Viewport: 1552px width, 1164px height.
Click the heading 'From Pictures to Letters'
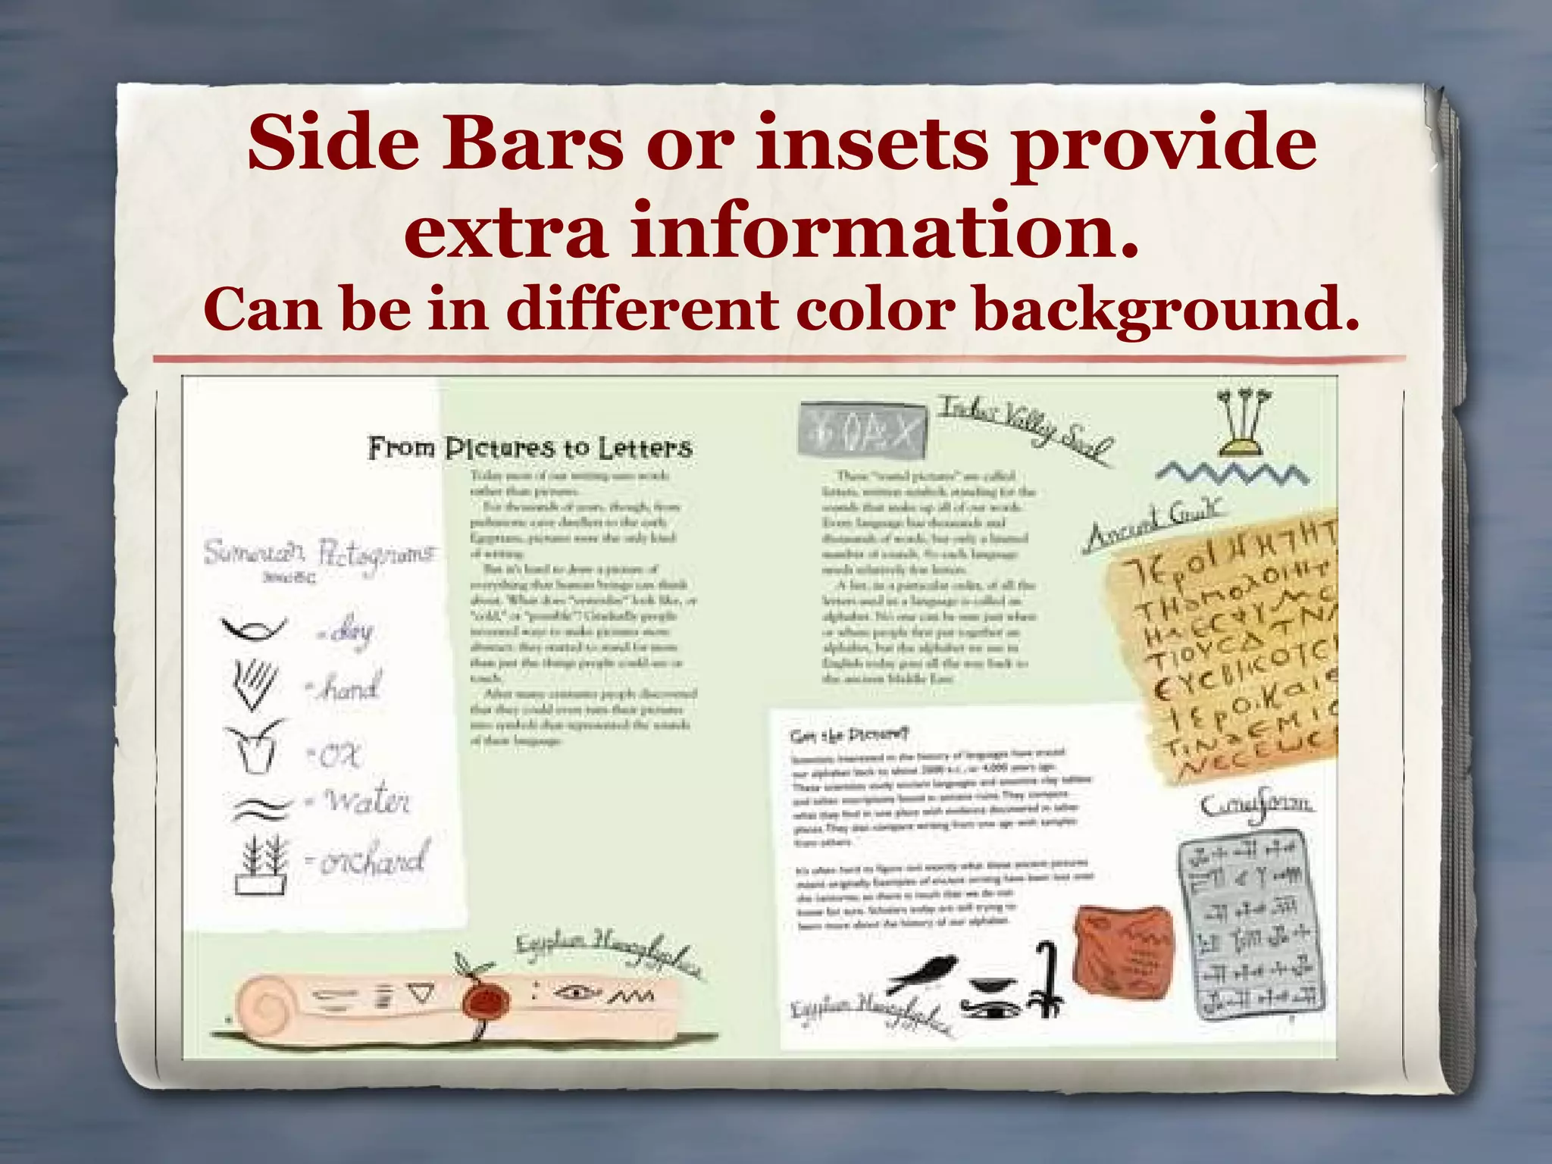(530, 448)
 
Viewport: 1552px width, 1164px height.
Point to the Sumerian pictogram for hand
(253, 684)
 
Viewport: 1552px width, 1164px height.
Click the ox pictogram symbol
(253, 746)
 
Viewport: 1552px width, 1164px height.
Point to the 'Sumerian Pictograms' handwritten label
(319, 554)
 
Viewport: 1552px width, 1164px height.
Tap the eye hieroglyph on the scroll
(576, 992)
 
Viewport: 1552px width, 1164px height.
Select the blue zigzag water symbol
(1232, 475)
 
